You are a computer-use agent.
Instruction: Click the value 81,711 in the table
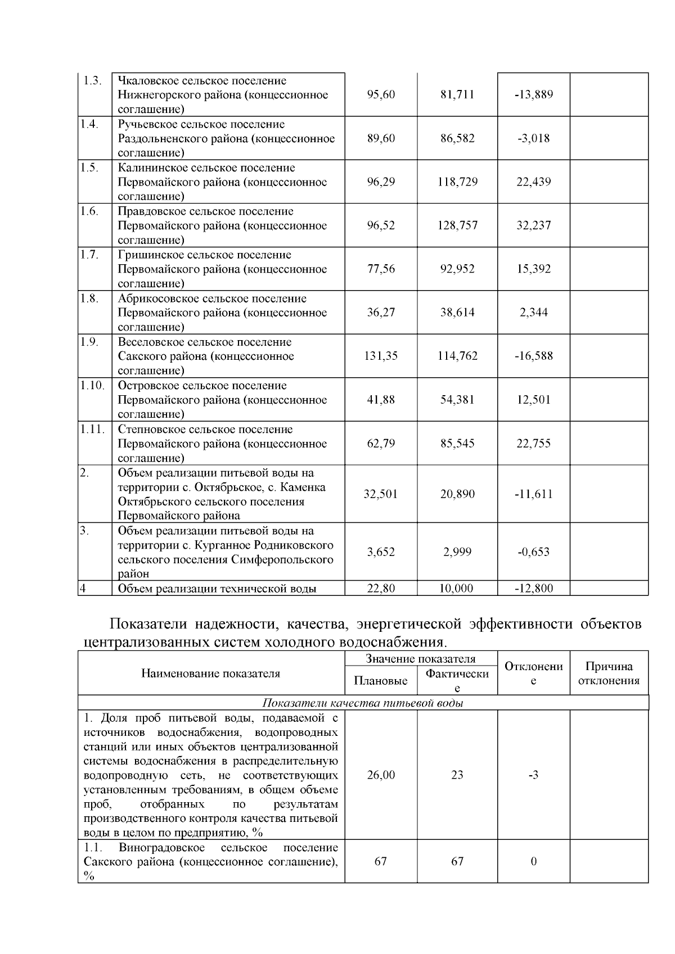click(457, 94)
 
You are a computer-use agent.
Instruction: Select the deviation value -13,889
click(533, 94)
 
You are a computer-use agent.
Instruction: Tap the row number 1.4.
click(89, 124)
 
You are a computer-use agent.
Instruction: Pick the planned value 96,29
click(381, 182)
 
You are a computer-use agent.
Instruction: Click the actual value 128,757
click(457, 225)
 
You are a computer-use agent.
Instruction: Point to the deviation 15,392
click(533, 269)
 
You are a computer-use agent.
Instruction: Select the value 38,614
click(457, 313)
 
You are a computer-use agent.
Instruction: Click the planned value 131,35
click(381, 356)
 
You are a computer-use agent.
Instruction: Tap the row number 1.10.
click(92, 385)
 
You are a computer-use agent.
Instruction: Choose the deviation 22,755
click(533, 444)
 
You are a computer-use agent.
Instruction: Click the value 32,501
click(381, 494)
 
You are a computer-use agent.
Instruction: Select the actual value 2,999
click(457, 552)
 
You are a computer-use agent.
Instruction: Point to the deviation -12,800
click(533, 589)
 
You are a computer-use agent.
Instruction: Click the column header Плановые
click(381, 681)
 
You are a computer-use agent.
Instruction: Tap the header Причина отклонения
click(609, 673)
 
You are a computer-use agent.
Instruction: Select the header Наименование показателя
click(210, 673)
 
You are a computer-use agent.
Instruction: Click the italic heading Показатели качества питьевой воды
click(363, 703)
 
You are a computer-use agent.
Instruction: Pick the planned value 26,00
click(381, 775)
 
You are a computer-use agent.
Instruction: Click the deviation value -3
click(533, 775)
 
